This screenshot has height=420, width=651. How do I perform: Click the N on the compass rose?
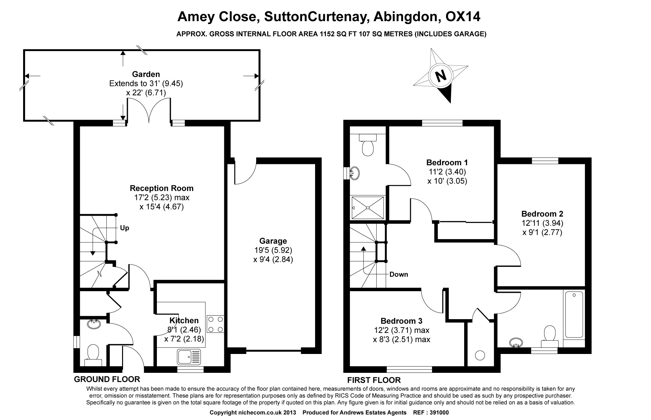441,76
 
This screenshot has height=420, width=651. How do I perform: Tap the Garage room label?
273,241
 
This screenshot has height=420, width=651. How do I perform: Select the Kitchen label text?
184,320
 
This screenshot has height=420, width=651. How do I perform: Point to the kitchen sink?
189,357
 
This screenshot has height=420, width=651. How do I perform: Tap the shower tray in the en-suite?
368,207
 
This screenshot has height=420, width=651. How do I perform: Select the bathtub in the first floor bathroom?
574,315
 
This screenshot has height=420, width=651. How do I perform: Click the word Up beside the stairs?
124,228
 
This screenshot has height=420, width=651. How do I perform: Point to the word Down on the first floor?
398,274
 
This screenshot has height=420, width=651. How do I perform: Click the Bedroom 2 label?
542,214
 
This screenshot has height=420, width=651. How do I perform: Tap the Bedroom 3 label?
401,321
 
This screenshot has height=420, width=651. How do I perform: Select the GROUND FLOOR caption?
107,379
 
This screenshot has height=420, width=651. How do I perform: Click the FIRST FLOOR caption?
374,380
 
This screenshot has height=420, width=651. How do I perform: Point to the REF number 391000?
439,413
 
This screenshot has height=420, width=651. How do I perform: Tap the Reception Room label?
161,188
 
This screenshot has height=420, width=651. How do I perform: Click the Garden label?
146,74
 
